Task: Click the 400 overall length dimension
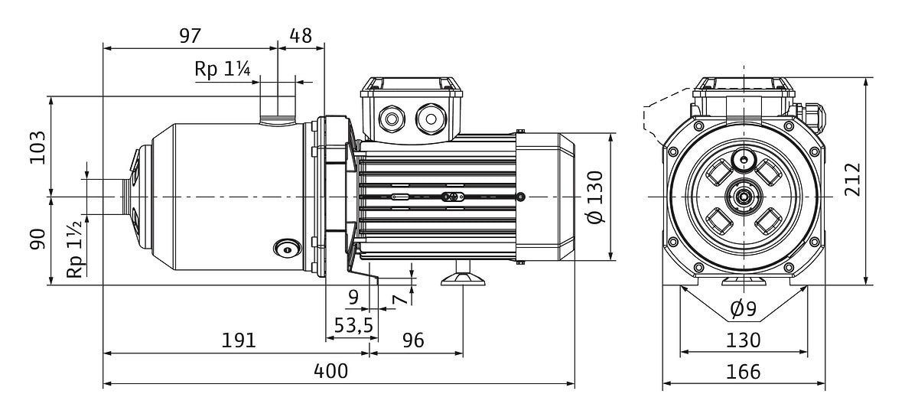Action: [x=330, y=371]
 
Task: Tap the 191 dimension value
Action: [x=239, y=340]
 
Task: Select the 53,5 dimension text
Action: [x=353, y=325]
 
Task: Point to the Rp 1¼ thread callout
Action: [x=222, y=69]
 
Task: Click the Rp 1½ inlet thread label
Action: [x=76, y=249]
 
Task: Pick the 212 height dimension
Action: [x=852, y=180]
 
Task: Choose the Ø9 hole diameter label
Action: [x=744, y=309]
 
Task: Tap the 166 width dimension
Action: [x=744, y=372]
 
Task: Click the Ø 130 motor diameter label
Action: [x=595, y=197]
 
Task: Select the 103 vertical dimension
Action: [x=37, y=148]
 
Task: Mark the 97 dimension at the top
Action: [x=190, y=36]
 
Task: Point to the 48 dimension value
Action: [x=301, y=36]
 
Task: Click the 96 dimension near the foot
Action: [x=413, y=340]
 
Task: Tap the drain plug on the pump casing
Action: [x=288, y=249]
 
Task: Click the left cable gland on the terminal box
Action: [x=392, y=119]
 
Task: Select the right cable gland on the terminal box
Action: [x=430, y=119]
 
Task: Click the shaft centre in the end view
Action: [x=743, y=197]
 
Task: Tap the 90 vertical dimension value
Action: [x=37, y=239]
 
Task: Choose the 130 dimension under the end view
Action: [x=744, y=340]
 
